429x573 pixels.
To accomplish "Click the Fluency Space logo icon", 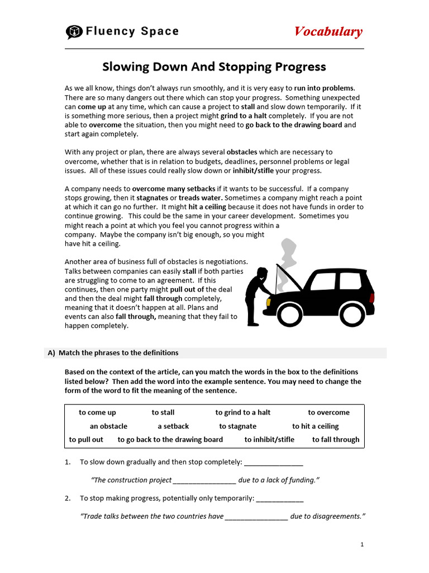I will pyautogui.click(x=74, y=32).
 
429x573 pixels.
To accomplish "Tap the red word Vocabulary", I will pyautogui.click(x=328, y=32).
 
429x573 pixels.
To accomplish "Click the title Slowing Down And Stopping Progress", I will pyautogui.click(x=214, y=67).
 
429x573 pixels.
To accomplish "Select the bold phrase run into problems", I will pyautogui.click(x=324, y=88).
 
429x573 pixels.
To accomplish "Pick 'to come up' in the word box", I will pyautogui.click(x=97, y=412).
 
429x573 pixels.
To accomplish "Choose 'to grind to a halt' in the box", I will pyautogui.click(x=243, y=412).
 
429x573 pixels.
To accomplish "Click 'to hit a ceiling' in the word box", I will pyautogui.click(x=315, y=426).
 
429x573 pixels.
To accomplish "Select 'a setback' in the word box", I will pyautogui.click(x=177, y=426).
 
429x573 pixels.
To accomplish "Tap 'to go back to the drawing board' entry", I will pyautogui.click(x=170, y=439).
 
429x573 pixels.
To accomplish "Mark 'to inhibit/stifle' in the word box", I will pyautogui.click(x=269, y=439).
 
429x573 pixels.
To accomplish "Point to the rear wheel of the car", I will pyautogui.click(x=352, y=314).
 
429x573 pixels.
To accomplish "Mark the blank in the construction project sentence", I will pyautogui.click(x=204, y=480).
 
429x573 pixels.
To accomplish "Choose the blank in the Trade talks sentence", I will pyautogui.click(x=256, y=516).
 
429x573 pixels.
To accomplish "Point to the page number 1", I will pyautogui.click(x=362, y=544).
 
